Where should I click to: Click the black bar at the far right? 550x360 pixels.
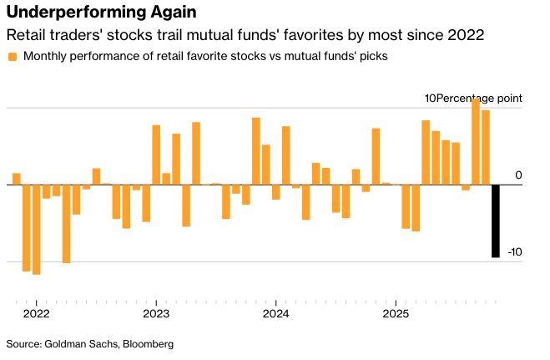point(496,221)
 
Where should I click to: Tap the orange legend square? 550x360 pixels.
point(12,57)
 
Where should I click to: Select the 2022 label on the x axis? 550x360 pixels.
point(37,314)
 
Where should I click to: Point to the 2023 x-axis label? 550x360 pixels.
point(156,314)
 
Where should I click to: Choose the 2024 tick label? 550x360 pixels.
point(275,314)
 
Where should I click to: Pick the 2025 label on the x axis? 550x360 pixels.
point(395,314)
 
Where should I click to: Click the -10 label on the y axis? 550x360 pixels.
point(515,251)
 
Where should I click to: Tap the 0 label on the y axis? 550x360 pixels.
point(518,175)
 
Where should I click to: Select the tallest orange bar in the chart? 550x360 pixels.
point(476,141)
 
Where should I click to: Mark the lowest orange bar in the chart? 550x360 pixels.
point(36,229)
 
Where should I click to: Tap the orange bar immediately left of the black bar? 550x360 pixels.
point(486,147)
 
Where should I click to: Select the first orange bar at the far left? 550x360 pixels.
point(16,179)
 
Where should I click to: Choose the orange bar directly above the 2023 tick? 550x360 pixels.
point(156,155)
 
